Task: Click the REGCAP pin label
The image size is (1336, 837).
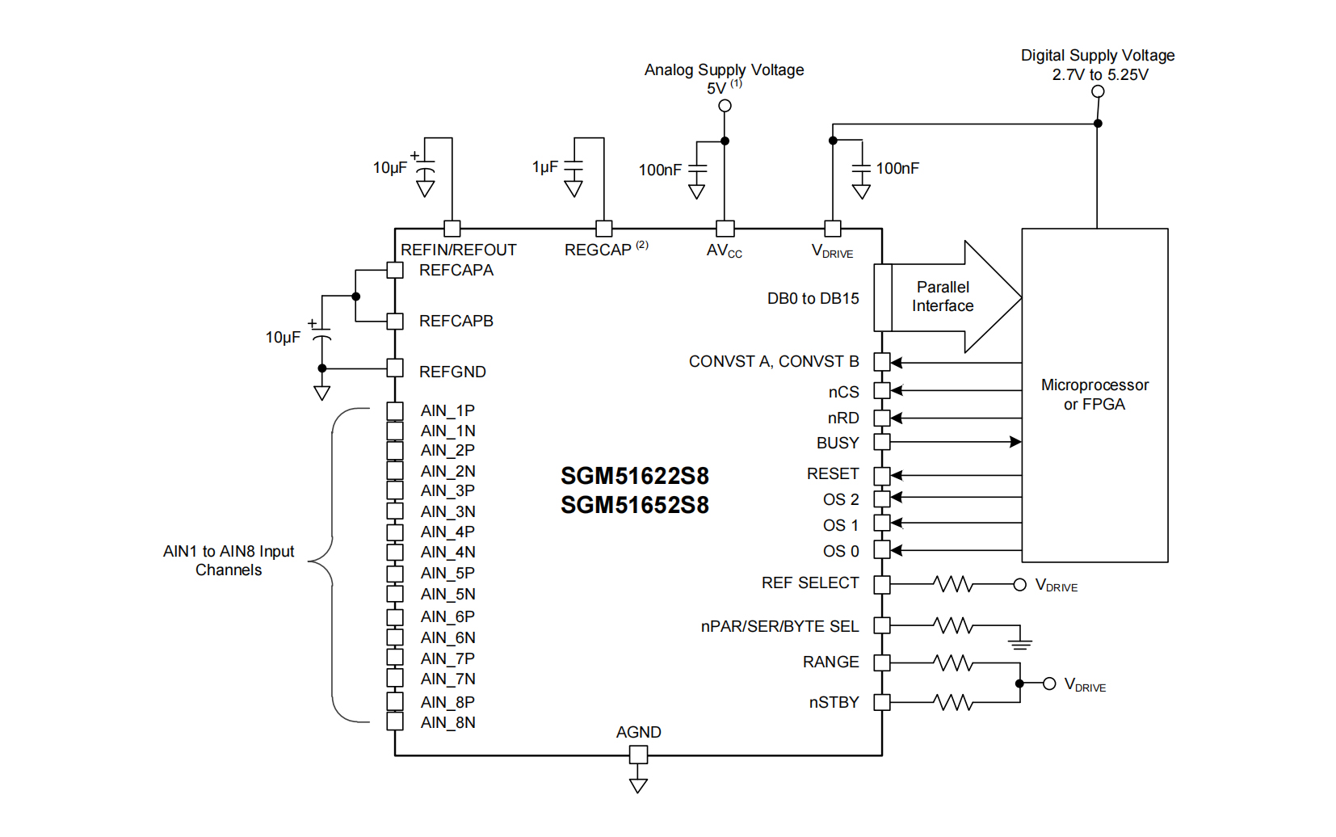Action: point(598,250)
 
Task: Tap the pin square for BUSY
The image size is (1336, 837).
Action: point(882,442)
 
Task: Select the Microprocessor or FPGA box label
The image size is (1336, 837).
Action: point(1094,394)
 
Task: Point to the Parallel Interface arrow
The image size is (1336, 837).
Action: point(953,297)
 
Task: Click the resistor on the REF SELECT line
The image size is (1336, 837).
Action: point(953,584)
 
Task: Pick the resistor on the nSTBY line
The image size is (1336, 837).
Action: point(953,702)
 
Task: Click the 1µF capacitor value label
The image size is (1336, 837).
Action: point(545,167)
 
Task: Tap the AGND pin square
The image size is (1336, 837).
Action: point(638,755)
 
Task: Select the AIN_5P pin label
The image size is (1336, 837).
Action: point(447,573)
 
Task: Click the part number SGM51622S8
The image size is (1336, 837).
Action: point(635,476)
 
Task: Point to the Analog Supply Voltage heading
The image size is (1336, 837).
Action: point(724,70)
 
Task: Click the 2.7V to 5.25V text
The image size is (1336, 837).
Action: point(1099,75)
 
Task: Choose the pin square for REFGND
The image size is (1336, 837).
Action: point(395,368)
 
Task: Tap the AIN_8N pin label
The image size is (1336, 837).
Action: point(447,722)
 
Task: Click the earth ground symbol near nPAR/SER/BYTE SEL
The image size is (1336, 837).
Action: point(1020,643)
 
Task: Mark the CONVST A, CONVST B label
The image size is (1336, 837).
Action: point(774,361)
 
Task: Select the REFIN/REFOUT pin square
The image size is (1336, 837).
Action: point(452,229)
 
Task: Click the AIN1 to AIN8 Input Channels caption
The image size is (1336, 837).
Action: point(229,561)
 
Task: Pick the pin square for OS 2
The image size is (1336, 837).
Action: point(882,498)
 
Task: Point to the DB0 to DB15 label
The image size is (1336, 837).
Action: point(813,298)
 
